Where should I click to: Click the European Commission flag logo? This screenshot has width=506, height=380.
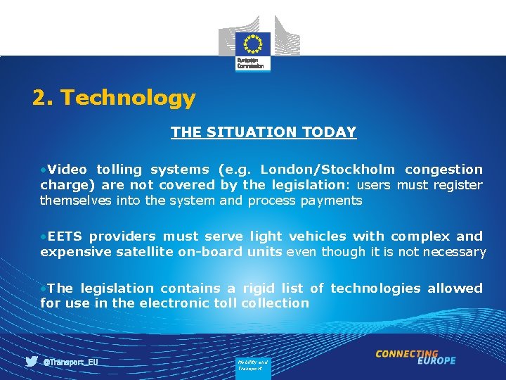click(x=252, y=44)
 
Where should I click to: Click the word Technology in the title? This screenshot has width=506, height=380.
click(x=128, y=98)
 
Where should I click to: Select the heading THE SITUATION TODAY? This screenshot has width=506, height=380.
click(x=264, y=132)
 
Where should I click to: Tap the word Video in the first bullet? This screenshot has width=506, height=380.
click(x=67, y=170)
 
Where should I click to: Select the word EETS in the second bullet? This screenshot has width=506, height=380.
click(x=65, y=236)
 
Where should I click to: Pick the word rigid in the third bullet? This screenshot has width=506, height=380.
click(x=259, y=288)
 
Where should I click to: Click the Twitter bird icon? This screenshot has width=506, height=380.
click(x=32, y=362)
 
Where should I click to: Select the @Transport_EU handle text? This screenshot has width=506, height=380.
click(x=70, y=362)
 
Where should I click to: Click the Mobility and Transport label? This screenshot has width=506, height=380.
click(x=252, y=365)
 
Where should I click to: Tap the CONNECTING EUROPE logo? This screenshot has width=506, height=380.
click(x=415, y=357)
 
